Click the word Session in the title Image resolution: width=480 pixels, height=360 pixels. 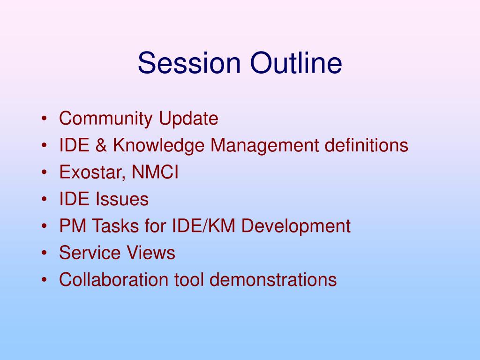tap(189, 63)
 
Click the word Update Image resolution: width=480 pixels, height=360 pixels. tap(188, 119)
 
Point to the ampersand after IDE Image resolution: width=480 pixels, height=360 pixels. tap(101, 145)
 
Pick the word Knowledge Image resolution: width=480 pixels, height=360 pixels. tap(158, 146)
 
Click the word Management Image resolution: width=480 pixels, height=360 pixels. tap(264, 146)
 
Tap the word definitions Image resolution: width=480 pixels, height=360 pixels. tap(367, 145)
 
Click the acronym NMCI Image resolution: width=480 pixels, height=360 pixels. tap(155, 172)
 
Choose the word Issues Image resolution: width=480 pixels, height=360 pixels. tap(122, 199)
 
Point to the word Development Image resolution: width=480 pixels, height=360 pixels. tap(296, 226)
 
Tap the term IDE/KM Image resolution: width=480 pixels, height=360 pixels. tap(203, 225)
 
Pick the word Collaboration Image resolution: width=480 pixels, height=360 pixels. tap(113, 279)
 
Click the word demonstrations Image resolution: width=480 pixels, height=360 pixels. tap(273, 279)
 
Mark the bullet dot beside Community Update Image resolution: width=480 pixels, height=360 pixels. tap(45, 119)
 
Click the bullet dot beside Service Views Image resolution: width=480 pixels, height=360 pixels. tap(45, 253)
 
